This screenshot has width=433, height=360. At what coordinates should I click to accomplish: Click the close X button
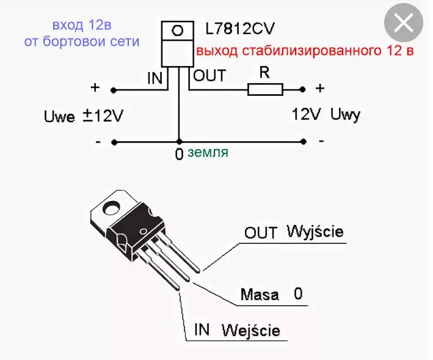tap(404, 24)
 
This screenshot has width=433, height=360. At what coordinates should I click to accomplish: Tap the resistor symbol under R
tap(265, 90)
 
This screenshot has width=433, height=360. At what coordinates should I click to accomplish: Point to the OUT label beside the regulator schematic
tap(209, 76)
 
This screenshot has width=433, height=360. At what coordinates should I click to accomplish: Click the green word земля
tap(208, 152)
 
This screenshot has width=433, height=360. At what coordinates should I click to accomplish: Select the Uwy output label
tap(346, 114)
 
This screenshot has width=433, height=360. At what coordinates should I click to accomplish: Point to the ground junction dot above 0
tap(178, 141)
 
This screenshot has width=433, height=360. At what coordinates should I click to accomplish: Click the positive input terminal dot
tap(114, 90)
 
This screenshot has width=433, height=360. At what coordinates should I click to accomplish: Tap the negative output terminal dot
tap(304, 141)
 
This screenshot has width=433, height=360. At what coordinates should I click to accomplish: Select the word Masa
tap(260, 295)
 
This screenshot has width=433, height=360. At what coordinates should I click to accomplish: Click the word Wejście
tap(251, 331)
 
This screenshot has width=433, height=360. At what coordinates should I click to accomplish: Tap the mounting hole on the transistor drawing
tap(111, 208)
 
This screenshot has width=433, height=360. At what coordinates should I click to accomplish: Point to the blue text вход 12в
tap(82, 26)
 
